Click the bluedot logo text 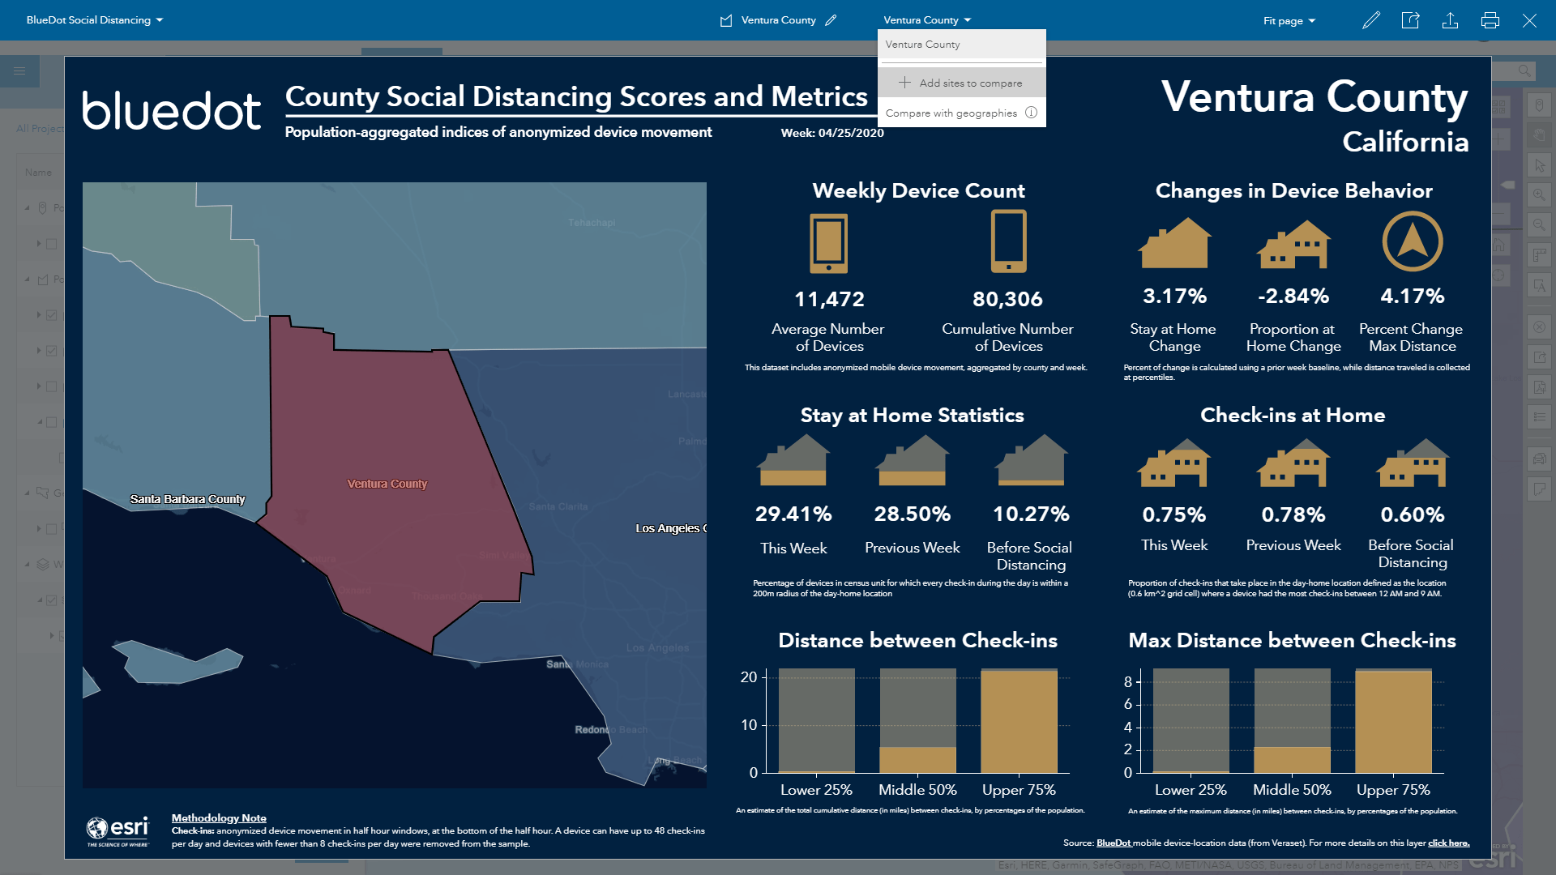point(171,111)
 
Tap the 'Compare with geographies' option point(951,113)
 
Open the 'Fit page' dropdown point(1289,20)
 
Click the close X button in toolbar point(1528,20)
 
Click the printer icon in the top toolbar point(1490,20)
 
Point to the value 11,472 point(828,300)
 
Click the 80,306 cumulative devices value point(1007,300)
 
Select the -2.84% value point(1293,297)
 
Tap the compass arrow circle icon point(1412,241)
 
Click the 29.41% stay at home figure point(793,514)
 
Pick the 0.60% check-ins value point(1412,514)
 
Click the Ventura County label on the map point(387,484)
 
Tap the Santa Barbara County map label point(187,499)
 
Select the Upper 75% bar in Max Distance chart point(1393,721)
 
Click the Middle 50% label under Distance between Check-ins point(917,790)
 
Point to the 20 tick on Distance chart point(748,677)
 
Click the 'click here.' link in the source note point(1448,843)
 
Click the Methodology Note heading point(219,818)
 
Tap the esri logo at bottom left point(118,830)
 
